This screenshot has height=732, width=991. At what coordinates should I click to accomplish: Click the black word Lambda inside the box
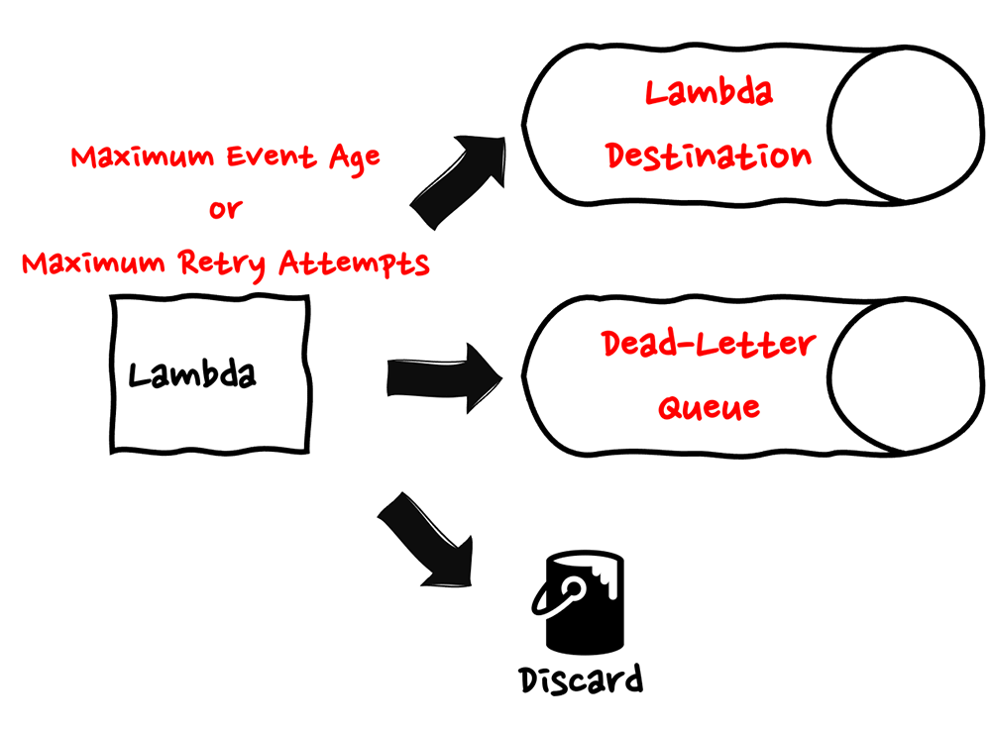[x=192, y=374]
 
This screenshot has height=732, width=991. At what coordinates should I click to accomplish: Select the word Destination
[x=709, y=156]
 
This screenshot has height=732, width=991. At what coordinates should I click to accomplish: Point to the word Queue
[x=709, y=405]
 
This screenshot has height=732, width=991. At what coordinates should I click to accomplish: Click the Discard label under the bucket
[x=581, y=680]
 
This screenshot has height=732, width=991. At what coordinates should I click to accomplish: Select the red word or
[x=225, y=211]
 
